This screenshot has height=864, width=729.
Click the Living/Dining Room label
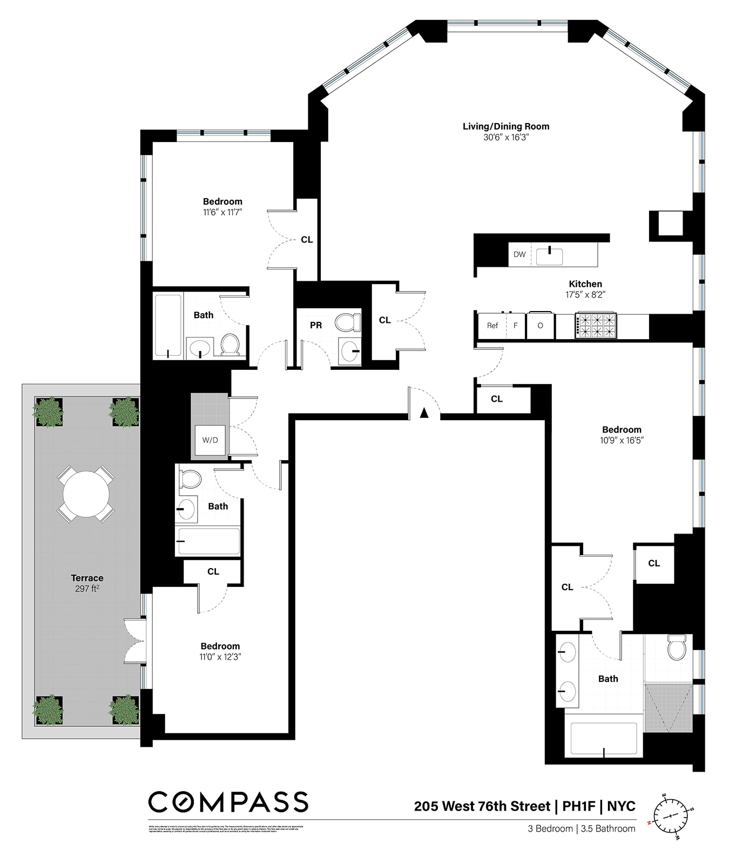(x=505, y=126)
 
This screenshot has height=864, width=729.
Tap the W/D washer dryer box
(x=210, y=440)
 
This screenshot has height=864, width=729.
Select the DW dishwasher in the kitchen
(x=519, y=254)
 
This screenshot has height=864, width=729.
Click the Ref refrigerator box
(x=492, y=326)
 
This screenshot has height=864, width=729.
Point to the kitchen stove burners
(x=596, y=326)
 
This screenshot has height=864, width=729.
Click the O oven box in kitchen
(x=540, y=326)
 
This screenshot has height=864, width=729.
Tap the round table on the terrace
(x=86, y=494)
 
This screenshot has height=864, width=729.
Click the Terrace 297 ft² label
(x=87, y=583)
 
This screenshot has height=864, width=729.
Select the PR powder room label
(x=316, y=325)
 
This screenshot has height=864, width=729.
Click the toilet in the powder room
(x=348, y=322)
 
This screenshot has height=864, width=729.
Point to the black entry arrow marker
(x=424, y=413)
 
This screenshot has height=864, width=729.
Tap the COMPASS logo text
(x=228, y=802)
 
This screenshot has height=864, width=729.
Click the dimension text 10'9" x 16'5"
(x=622, y=440)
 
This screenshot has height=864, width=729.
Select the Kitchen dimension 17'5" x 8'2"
(x=585, y=295)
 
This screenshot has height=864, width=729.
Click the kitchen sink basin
(x=549, y=256)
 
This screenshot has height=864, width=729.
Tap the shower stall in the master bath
(x=668, y=707)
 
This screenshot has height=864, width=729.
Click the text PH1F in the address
(x=578, y=806)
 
